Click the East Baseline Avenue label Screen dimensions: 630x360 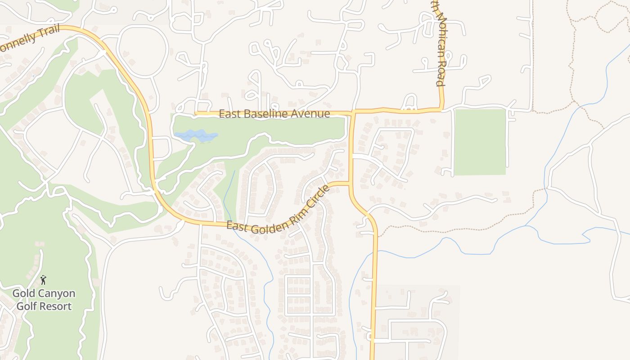pos(274,114)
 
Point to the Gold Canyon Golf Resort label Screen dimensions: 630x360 pos(44,300)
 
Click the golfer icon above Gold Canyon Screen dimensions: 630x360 pos(43,280)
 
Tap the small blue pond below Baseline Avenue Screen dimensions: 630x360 pos(196,135)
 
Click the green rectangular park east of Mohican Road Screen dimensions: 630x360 pos(480,142)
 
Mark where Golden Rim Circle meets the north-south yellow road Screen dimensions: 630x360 pos(350,183)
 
